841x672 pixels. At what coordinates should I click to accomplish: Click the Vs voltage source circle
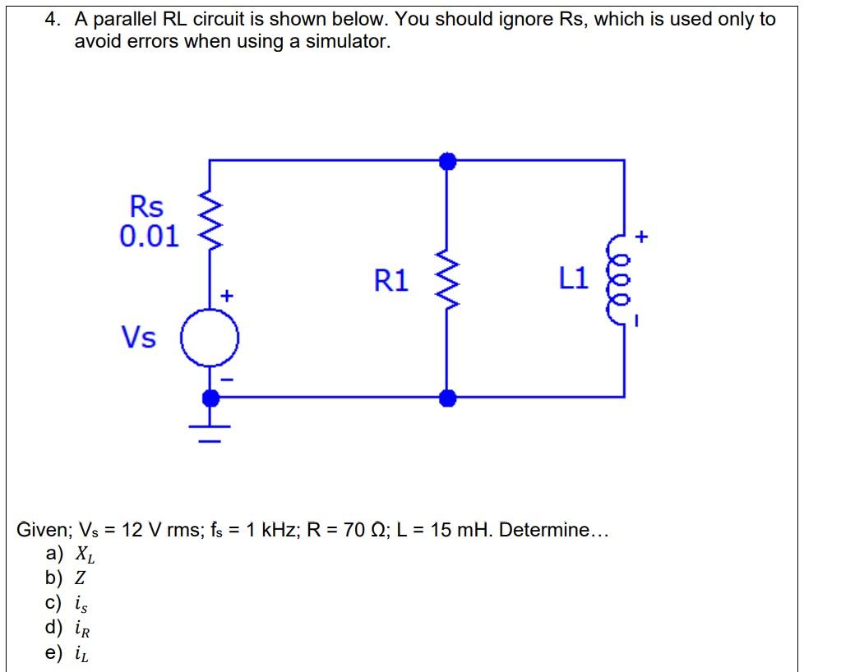click(x=210, y=338)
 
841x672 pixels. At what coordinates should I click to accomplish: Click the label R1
click(x=391, y=281)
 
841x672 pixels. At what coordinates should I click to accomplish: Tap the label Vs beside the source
click(x=138, y=337)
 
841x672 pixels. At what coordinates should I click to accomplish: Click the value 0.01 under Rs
click(x=149, y=237)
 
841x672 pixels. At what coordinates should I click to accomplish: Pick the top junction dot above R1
click(x=446, y=160)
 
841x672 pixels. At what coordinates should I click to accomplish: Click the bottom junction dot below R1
click(x=446, y=398)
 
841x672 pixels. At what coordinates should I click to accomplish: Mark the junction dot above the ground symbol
click(x=210, y=398)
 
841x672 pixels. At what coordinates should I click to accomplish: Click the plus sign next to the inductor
click(x=643, y=237)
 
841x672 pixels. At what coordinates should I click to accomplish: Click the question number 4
click(x=51, y=19)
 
